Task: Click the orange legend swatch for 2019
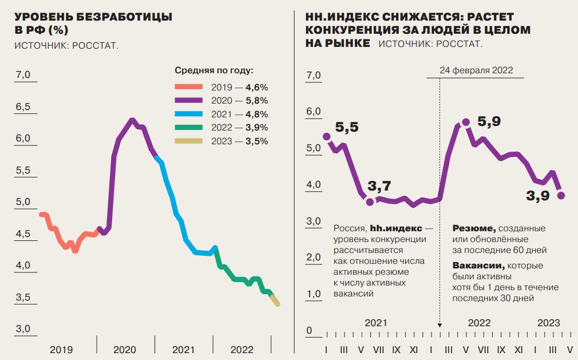point(189,88)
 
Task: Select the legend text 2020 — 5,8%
point(240,101)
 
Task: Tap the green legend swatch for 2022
point(189,128)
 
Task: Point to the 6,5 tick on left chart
point(23,107)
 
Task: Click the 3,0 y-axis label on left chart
point(23,329)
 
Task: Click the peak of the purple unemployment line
point(132,120)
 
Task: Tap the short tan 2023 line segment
point(274,299)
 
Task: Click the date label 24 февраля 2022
point(476,70)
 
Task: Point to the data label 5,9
point(489,121)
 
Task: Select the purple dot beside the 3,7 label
point(370,202)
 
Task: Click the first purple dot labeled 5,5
point(327,136)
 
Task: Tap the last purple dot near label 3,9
point(561,195)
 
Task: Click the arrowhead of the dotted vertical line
point(440,324)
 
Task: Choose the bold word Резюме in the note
point(473,228)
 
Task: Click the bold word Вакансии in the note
point(478,266)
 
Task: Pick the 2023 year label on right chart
point(548,323)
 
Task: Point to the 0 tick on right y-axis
point(309,331)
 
